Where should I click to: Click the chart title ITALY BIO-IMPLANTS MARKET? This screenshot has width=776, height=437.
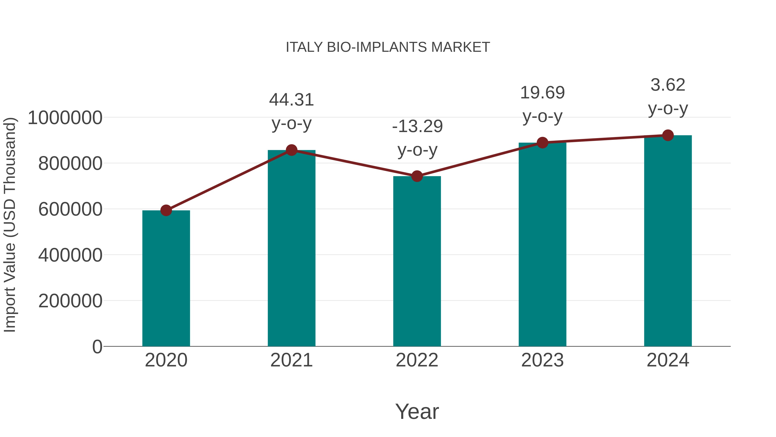click(x=388, y=47)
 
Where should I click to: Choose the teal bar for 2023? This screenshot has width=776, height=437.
click(x=542, y=244)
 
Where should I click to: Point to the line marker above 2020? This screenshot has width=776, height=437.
click(x=166, y=210)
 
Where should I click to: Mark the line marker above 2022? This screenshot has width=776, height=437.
click(x=417, y=176)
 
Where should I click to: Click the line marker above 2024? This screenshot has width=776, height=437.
click(x=668, y=135)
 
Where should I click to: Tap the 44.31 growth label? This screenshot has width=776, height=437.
click(x=291, y=100)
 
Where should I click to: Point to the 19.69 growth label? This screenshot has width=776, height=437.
click(x=542, y=93)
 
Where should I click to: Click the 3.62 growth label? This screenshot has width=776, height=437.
click(x=668, y=85)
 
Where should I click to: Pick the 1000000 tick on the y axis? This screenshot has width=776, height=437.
click(x=65, y=118)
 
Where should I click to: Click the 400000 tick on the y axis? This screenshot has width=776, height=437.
click(x=70, y=255)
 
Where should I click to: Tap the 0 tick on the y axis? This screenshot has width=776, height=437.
click(x=97, y=347)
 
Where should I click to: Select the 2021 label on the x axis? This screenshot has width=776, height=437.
click(x=291, y=360)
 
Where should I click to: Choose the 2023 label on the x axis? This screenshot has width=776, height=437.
click(x=542, y=360)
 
